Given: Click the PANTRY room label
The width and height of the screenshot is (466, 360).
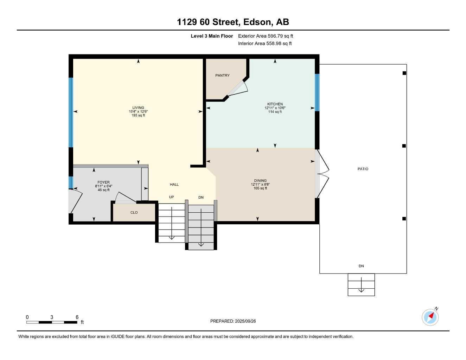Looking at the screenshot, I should [x=222, y=75].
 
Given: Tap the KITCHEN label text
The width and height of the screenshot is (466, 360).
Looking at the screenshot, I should [x=275, y=104].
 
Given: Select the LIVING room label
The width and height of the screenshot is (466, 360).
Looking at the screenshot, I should [x=138, y=108].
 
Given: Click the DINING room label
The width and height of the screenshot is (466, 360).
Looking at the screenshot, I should [x=260, y=181].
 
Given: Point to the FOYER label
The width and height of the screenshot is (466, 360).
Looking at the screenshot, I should [x=103, y=182].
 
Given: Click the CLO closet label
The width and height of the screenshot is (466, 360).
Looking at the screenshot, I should [x=134, y=212].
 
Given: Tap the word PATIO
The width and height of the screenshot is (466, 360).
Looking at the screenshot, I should [x=363, y=169].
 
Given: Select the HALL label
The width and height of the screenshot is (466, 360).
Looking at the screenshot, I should [x=174, y=184].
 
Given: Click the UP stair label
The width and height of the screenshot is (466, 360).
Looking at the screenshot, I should [x=171, y=197].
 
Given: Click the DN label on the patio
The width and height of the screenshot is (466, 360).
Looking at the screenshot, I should [x=361, y=266].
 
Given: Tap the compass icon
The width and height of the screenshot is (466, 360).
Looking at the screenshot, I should [x=430, y=317].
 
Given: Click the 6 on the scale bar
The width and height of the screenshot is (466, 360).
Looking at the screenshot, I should [x=77, y=317].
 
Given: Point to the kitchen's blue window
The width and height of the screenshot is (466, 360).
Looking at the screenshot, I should [x=317, y=92].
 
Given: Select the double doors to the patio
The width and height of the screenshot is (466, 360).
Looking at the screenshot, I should [x=323, y=174].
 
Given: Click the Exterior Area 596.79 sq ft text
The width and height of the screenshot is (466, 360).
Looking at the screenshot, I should [x=266, y=36].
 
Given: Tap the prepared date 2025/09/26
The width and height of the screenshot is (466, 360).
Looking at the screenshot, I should [x=233, y=321].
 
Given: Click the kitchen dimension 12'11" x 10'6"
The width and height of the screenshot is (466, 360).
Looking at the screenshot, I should [x=275, y=108].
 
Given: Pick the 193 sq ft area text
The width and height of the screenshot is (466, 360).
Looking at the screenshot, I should [x=138, y=115].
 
